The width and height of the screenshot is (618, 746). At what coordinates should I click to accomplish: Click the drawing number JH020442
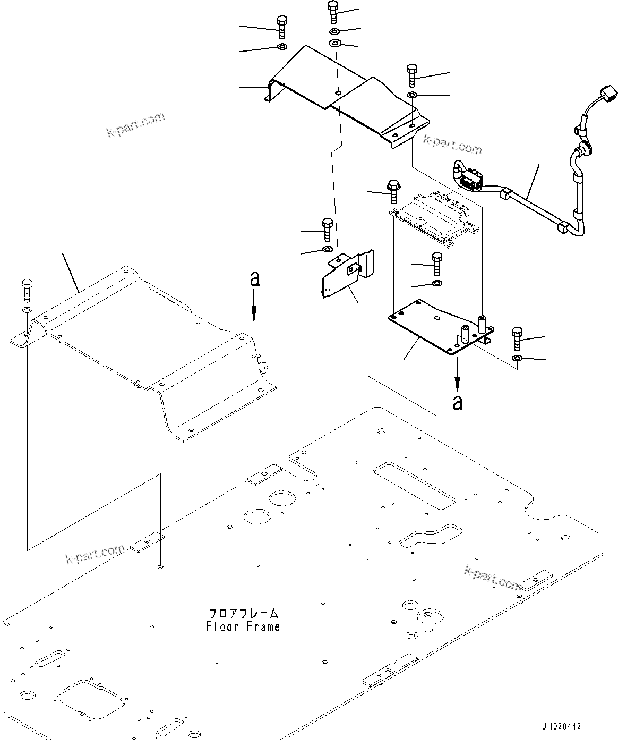(561, 726)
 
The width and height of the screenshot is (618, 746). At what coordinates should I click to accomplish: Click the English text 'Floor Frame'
(243, 627)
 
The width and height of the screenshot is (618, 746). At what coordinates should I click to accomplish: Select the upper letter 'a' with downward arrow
(255, 279)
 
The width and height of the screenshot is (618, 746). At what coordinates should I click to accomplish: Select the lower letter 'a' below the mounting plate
(457, 402)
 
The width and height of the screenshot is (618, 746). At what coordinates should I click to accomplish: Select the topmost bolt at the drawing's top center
(333, 12)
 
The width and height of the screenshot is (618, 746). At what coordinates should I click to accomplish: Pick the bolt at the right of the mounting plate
(517, 338)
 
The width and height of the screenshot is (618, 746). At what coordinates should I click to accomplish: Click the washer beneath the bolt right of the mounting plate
(517, 360)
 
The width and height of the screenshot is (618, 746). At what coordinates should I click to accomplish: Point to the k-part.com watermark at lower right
(493, 578)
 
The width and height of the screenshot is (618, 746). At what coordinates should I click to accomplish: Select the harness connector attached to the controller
(469, 181)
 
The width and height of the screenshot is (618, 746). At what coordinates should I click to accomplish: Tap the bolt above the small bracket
(328, 228)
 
